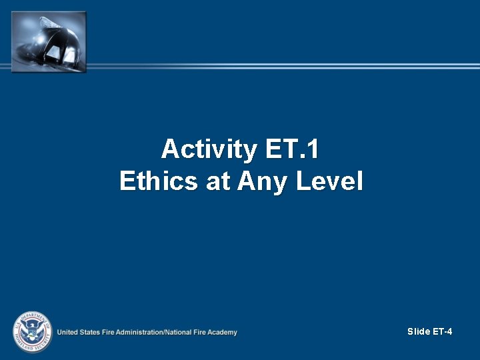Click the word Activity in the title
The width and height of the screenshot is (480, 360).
(x=209, y=149)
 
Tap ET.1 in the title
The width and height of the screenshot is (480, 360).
(x=292, y=149)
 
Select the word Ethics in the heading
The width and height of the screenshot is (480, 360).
(x=159, y=181)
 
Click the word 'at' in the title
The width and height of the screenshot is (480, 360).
(x=218, y=181)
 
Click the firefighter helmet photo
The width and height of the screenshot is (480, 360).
(x=49, y=41)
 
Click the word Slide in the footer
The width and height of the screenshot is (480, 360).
(x=419, y=331)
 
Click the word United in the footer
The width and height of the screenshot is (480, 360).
(x=68, y=332)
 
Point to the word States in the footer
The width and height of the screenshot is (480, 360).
(x=92, y=332)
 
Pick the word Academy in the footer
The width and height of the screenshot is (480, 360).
(x=223, y=332)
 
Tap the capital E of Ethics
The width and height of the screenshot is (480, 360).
(x=126, y=181)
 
